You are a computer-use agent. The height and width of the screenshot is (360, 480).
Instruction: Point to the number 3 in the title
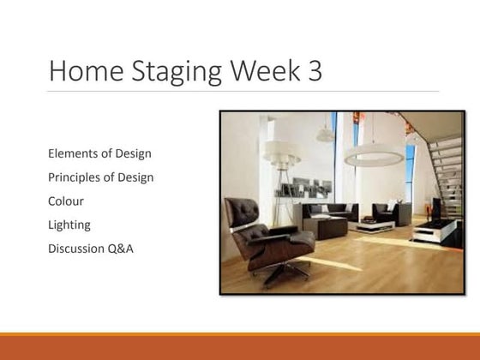(x=314, y=70)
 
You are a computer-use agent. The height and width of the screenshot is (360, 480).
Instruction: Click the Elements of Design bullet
(x=100, y=154)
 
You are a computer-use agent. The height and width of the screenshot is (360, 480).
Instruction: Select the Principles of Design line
(x=101, y=178)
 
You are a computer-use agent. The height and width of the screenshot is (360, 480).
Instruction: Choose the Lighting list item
(x=71, y=225)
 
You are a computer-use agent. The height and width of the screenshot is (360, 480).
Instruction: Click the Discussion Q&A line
(x=92, y=249)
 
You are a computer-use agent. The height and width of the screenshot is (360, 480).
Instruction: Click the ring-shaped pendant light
(x=373, y=158)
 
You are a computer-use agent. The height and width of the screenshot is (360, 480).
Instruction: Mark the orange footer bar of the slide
(x=240, y=346)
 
